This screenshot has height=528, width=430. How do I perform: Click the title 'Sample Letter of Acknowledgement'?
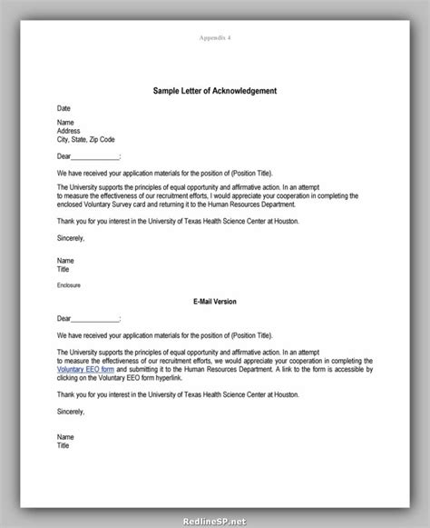(x=215, y=91)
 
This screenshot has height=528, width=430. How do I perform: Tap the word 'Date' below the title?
(x=63, y=108)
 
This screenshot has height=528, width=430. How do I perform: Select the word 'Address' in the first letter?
(x=69, y=130)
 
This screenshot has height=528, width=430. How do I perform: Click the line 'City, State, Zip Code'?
(x=87, y=138)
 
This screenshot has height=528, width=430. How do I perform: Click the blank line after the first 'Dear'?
(x=94, y=156)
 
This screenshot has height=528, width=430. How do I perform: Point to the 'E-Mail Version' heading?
(x=215, y=300)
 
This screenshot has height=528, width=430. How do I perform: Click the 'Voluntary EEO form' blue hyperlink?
(x=84, y=369)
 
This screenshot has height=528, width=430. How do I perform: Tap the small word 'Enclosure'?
(x=69, y=284)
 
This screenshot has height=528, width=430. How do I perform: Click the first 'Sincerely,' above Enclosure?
(x=71, y=238)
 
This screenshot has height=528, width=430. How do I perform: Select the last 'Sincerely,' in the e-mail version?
(x=71, y=413)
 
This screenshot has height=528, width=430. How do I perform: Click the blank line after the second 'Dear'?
(x=94, y=319)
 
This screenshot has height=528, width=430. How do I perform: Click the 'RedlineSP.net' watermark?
(x=391, y=520)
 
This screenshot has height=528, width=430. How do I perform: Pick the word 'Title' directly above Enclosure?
(x=63, y=268)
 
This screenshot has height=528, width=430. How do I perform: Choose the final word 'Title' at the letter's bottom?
(x=63, y=446)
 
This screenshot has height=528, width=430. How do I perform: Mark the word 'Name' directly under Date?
(x=64, y=122)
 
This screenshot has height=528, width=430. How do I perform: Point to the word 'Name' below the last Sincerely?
(x=64, y=437)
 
